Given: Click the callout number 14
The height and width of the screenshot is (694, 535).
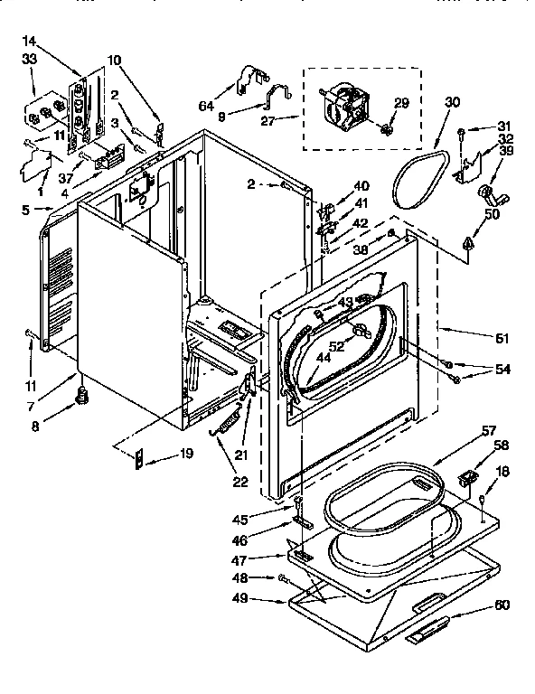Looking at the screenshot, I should tap(30, 41).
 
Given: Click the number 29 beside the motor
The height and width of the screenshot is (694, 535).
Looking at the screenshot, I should tap(400, 104).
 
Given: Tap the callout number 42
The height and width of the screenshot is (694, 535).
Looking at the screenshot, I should tap(360, 222).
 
